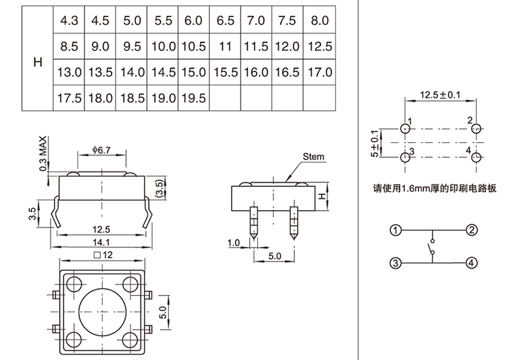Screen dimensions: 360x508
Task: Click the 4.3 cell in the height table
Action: point(69,20)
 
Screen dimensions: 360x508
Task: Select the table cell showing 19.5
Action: point(194,98)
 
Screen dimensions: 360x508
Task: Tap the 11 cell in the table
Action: point(224,46)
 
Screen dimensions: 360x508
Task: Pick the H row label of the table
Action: point(37,62)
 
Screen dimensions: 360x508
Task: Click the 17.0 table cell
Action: point(319,72)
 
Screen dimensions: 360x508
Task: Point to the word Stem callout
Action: point(313,156)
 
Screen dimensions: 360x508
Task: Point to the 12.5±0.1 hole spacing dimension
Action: point(440,95)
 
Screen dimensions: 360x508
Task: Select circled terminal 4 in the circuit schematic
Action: point(471,262)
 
